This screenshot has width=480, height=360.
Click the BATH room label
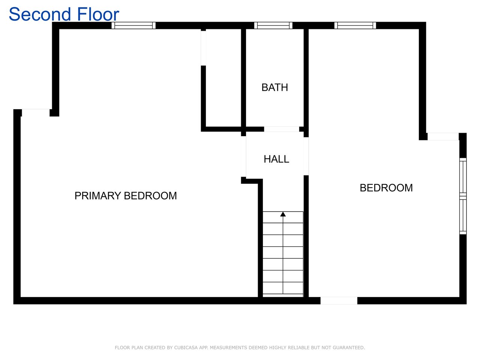click(274, 87)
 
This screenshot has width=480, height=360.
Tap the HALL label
click(276, 159)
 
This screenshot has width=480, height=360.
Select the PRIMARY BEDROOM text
click(126, 196)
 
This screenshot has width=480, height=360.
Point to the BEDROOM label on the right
click(386, 188)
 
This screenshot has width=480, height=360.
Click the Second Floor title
click(64, 14)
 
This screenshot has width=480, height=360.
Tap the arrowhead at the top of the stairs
click(283, 214)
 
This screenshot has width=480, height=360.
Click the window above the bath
click(273, 25)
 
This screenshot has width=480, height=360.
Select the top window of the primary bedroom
click(133, 25)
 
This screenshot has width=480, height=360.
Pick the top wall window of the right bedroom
click(355, 25)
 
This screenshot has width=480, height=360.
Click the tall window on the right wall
click(463, 196)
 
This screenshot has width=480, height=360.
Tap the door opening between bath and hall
click(282, 129)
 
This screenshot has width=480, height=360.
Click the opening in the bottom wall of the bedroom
click(339, 300)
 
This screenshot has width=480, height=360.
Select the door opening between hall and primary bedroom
click(243, 156)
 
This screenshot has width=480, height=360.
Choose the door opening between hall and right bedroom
click(306, 156)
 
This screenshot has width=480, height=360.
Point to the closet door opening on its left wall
click(203, 48)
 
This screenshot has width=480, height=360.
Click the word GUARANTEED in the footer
click(349, 347)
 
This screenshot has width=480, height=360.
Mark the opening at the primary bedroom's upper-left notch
click(36, 113)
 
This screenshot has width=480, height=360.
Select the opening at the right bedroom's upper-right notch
click(443, 136)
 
